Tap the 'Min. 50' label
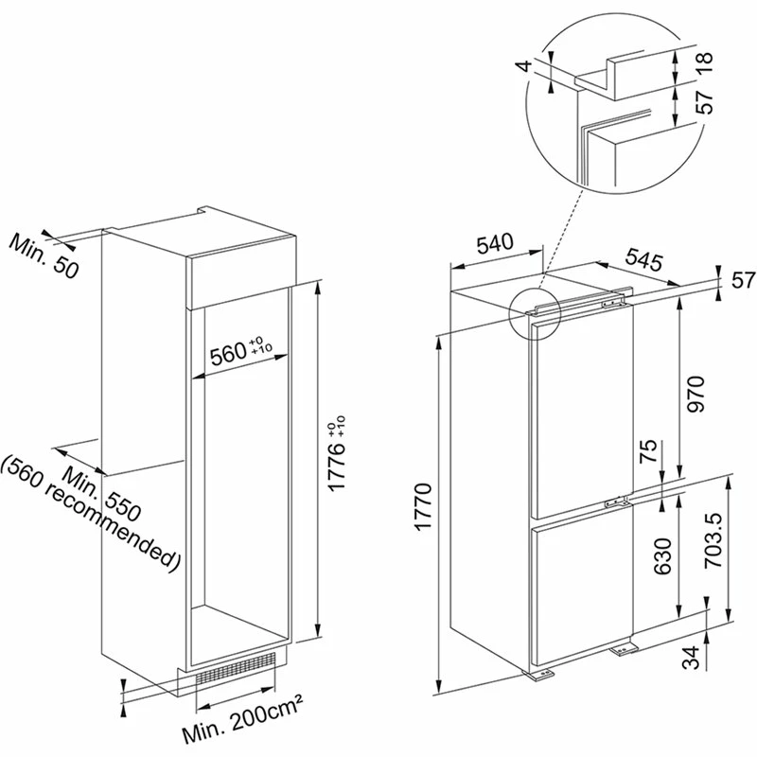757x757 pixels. (44, 255)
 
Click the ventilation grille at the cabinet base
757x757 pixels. (236, 669)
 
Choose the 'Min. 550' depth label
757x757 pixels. (101, 494)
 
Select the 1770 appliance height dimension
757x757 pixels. (423, 506)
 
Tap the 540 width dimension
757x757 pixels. (495, 244)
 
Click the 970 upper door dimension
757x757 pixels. (695, 394)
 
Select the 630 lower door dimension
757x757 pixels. (662, 556)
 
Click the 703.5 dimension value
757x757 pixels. (713, 539)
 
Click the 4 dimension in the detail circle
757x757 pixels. (526, 64)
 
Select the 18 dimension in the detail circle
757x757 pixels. (705, 62)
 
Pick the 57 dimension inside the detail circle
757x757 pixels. (705, 102)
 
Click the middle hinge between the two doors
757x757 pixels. (618, 502)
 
